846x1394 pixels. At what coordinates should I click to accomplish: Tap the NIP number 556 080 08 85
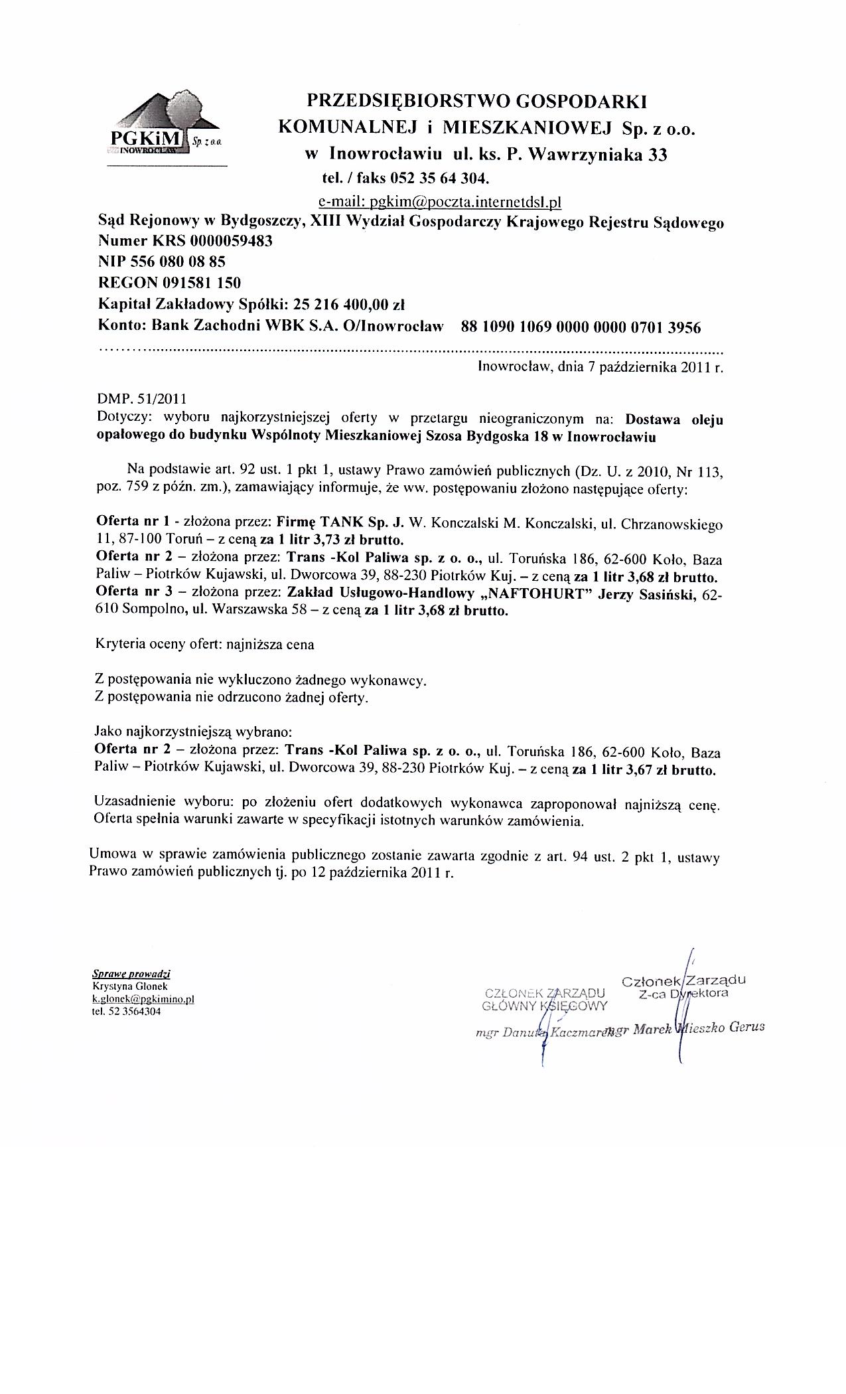175,262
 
